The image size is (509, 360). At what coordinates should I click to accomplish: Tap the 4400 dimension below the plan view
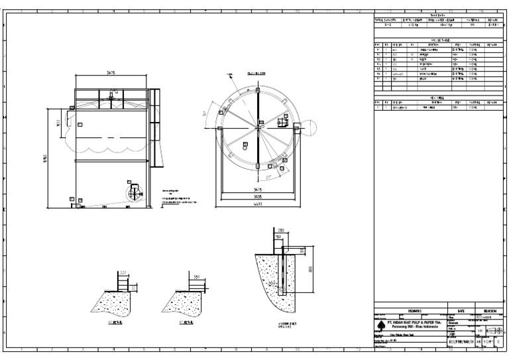(x=256, y=204)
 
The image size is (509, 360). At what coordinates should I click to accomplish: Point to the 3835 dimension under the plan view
(x=256, y=198)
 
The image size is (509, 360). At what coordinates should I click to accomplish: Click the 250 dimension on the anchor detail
(x=281, y=231)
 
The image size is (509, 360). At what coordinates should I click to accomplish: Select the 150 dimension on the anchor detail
(x=278, y=237)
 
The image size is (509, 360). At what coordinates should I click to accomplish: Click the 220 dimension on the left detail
(x=123, y=273)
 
